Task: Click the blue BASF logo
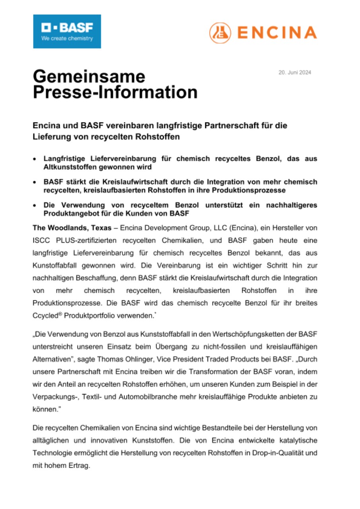click(67, 31)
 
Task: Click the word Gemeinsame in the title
click(89, 76)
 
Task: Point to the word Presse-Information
click(115, 93)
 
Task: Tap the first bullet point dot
click(35, 159)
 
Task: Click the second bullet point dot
click(35, 183)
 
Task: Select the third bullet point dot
click(35, 206)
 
